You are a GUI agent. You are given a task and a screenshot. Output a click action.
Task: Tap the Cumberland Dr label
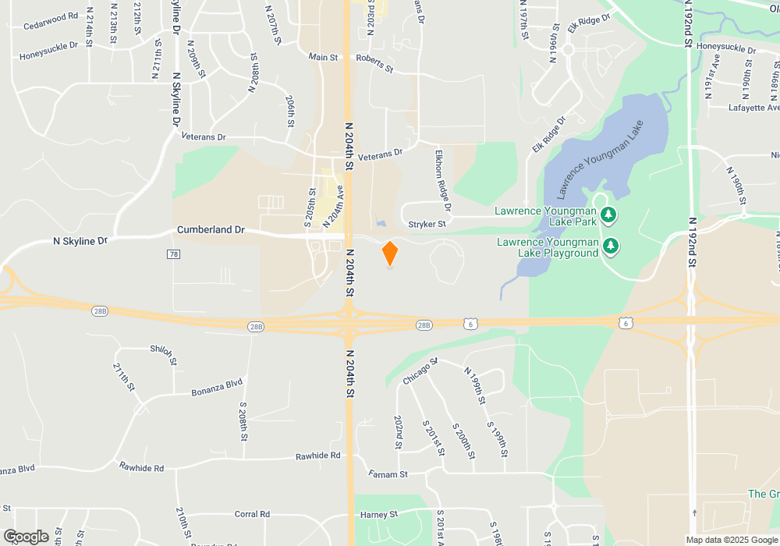tap(211, 230)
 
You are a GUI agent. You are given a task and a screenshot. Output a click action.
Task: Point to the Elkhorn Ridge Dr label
tap(442, 180)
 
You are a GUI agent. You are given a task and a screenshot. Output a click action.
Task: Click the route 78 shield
tap(174, 254)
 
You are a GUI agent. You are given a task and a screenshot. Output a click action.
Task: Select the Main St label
tap(323, 57)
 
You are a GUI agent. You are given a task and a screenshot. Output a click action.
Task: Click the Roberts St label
tap(374, 63)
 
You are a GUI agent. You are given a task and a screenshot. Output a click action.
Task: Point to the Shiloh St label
tap(164, 355)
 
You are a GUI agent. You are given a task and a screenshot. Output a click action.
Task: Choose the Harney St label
tap(379, 515)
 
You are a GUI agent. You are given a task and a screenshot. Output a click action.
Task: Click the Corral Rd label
tap(252, 515)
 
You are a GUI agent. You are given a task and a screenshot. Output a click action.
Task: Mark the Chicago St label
tap(421, 370)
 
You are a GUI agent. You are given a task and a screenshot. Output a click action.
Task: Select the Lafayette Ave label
tap(754, 108)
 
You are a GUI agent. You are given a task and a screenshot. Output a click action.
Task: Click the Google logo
tap(27, 537)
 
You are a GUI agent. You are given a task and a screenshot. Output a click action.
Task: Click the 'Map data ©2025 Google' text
tap(731, 540)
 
